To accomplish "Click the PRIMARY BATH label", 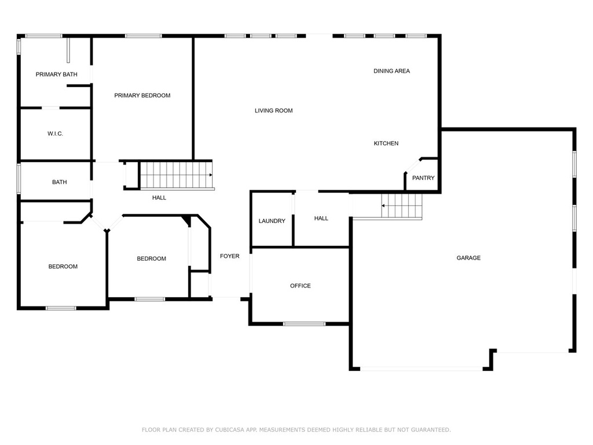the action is coord(56,75).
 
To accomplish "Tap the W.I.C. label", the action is coord(55,134).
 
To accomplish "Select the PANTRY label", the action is coord(423,178).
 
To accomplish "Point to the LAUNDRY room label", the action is coord(272,221).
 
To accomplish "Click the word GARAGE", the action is coord(468,258).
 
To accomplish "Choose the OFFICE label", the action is coord(301,286).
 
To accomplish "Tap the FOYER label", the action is coord(229,256).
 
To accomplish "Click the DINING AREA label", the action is coord(392,71).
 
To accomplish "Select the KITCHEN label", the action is coord(386,144).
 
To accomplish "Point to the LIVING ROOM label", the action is coord(274,111).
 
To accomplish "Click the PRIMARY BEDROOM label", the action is coord(142,96).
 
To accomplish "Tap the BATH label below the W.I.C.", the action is coord(60,182).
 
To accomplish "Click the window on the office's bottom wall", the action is coord(304,324).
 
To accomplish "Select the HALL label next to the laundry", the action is coord(321,218).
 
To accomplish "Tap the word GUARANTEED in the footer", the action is coord(431,429).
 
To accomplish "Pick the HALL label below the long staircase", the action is coord(159,198).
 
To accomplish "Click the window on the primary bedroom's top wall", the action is coord(144,36).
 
